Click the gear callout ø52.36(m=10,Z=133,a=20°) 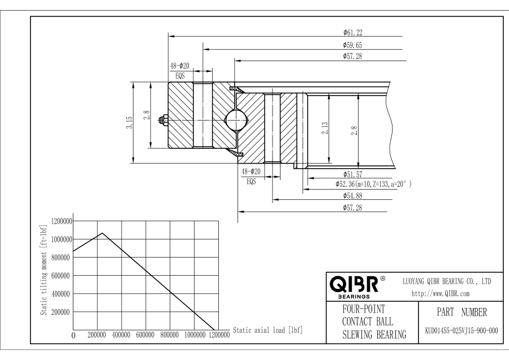373,184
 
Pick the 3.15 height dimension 129,122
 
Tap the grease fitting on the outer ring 163,119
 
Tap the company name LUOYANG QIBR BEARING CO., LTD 446,281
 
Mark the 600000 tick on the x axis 146,335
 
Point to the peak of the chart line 102,233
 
